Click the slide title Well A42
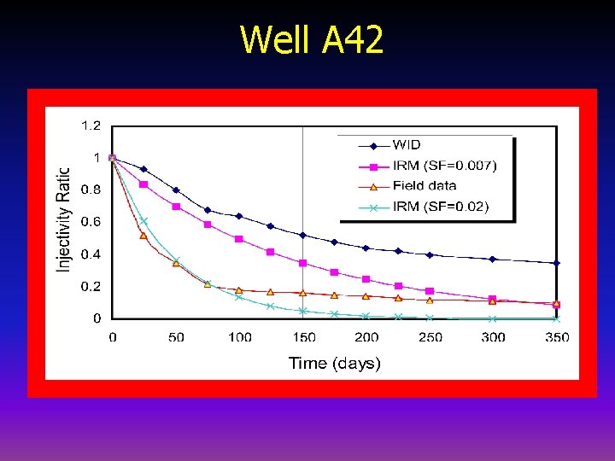[x=312, y=39]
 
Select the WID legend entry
[x=407, y=144]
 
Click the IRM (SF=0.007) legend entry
[x=443, y=165]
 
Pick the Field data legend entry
[x=425, y=185]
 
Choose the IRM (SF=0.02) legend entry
[x=440, y=206]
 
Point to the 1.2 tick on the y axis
[x=91, y=125]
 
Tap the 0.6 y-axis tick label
[x=91, y=222]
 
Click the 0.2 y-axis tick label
[x=91, y=287]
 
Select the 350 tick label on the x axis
[x=557, y=337]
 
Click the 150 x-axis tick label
[x=303, y=337]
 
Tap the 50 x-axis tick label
[x=176, y=337]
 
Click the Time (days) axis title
[x=335, y=363]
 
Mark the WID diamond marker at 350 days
[x=557, y=263]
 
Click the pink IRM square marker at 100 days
[x=239, y=239]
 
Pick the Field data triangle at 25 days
[x=143, y=236]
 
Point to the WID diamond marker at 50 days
[x=176, y=190]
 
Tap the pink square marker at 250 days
[x=430, y=291]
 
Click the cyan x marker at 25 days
[x=143, y=221]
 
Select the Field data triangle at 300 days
[x=493, y=301]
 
